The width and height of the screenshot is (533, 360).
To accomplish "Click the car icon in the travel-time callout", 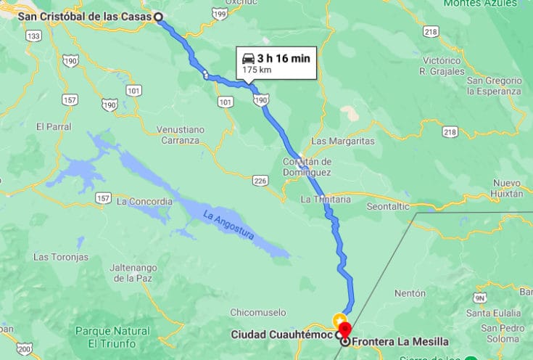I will [248, 59].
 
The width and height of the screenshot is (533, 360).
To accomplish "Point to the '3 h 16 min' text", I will [284, 59].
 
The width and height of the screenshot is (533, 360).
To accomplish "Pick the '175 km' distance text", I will [257, 70].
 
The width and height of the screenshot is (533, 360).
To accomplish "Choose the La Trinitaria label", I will [326, 199].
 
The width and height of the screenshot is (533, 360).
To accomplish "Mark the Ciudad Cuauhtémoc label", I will [282, 335].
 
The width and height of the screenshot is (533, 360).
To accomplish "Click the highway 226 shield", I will [261, 180].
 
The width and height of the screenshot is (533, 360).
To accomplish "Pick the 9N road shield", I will [479, 298].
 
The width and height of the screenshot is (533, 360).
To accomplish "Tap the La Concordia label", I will [144, 201].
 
